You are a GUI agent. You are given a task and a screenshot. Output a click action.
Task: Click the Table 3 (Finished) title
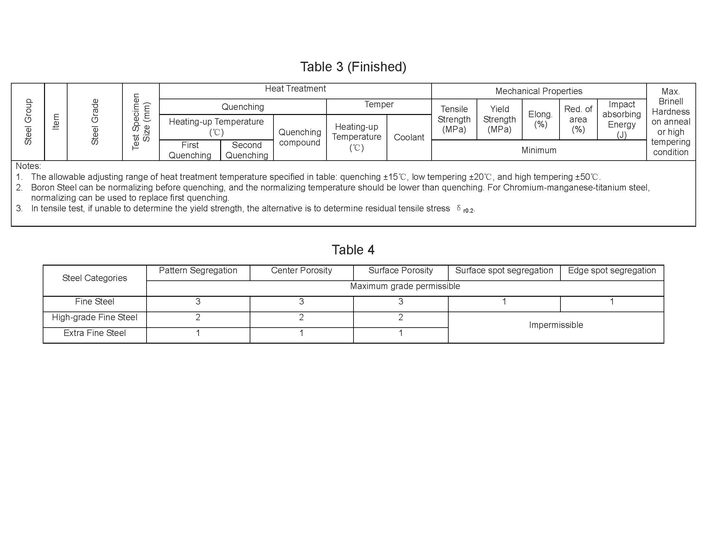353,66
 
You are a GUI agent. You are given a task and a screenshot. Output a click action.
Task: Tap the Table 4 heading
353,250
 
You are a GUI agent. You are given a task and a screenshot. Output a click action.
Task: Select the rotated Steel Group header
28,122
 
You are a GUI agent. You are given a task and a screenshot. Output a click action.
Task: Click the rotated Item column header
56,122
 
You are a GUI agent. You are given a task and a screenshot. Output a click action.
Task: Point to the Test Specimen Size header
141,122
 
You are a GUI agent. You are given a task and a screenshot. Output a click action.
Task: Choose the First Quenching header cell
190,150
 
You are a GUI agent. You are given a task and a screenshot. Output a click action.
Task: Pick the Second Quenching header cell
247,150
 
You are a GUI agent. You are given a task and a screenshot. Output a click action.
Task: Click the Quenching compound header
300,137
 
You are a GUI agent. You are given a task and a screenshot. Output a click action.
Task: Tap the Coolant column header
409,137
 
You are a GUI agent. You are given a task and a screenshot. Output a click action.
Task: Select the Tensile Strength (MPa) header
454,119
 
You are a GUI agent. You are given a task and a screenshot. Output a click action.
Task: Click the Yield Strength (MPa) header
499,119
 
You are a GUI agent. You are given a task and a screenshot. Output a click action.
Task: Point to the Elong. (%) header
540,119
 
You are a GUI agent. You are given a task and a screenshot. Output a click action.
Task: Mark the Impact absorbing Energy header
622,119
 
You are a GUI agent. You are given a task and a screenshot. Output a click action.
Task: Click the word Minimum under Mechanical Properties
539,150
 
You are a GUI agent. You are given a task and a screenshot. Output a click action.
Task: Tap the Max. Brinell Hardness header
671,122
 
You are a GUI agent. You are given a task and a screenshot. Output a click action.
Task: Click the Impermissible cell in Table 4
556,325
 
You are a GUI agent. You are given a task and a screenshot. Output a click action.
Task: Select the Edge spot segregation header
612,270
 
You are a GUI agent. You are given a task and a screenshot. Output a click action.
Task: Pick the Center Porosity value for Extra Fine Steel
301,333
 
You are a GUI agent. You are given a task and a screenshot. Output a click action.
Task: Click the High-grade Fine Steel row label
94,317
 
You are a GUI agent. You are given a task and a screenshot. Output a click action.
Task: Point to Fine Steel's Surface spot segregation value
504,302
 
